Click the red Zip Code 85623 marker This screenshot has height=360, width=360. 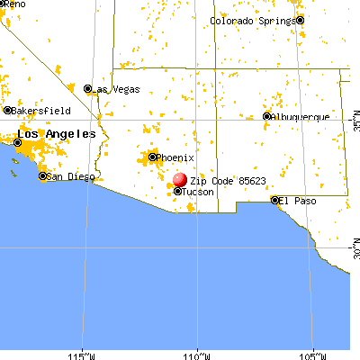click(180, 180)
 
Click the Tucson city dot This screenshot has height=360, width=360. click(177, 192)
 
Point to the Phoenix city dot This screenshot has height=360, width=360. click(153, 157)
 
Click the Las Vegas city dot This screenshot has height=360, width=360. click(87, 88)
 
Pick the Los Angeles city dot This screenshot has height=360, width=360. click(17, 141)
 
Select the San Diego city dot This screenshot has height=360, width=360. click(42, 176)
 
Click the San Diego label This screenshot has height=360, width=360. click(68, 176)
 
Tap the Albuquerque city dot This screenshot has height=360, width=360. click(266, 116)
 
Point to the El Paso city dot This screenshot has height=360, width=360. click(274, 200)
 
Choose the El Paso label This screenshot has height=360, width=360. click(296, 200)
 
